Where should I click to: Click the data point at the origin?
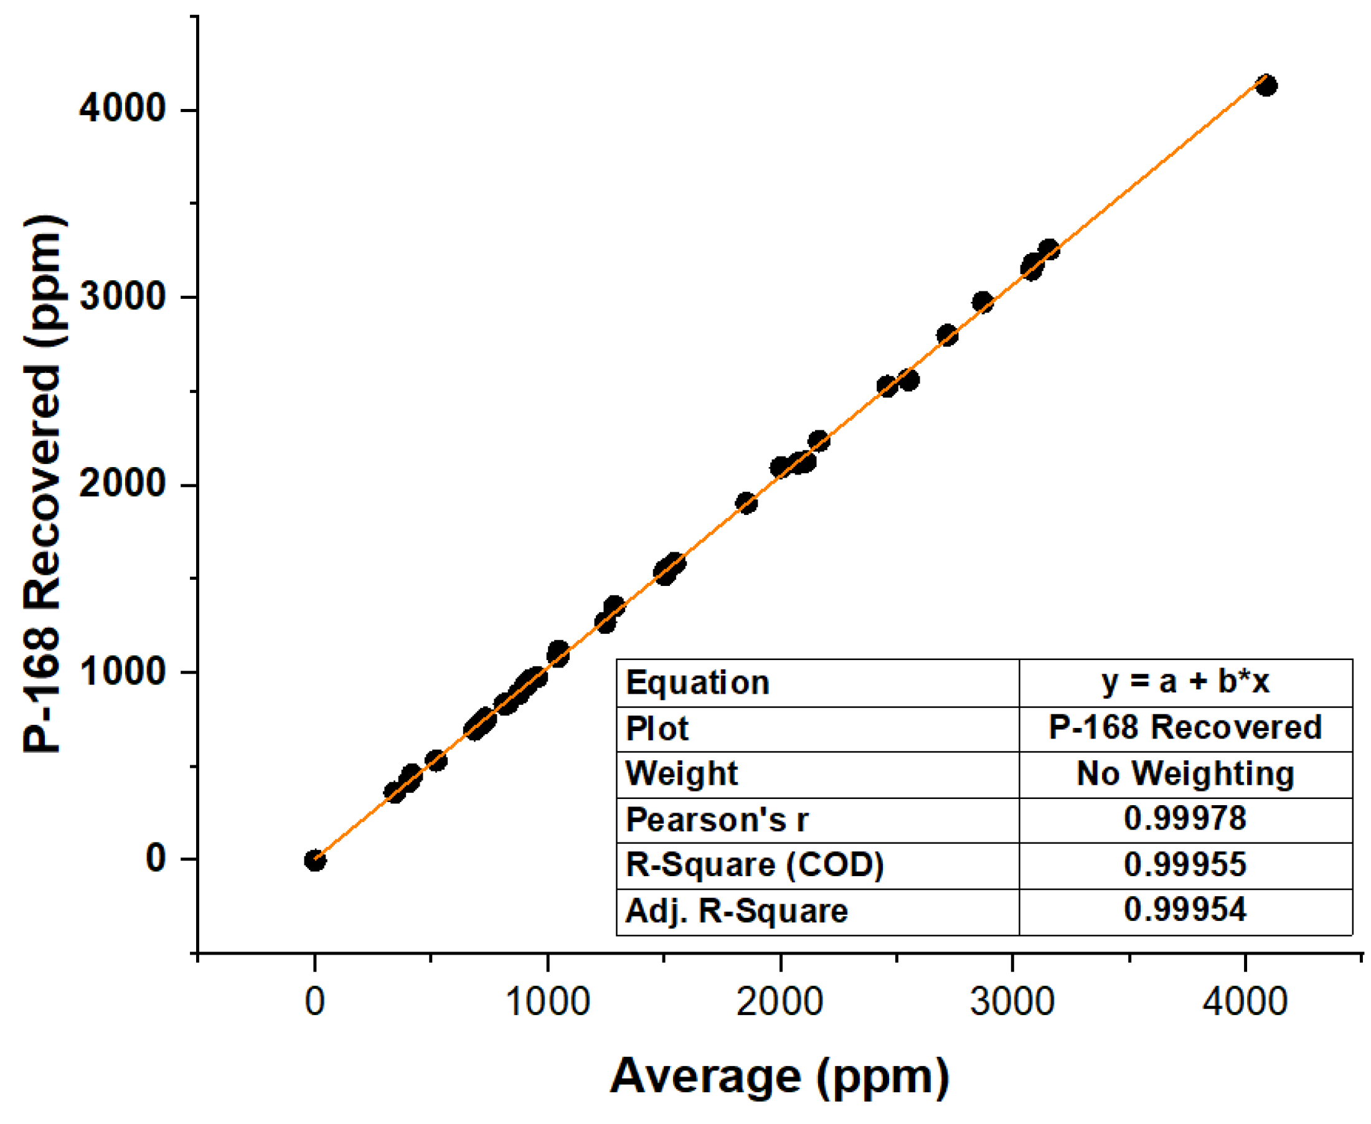tap(314, 861)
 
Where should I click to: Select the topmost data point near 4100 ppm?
tap(1266, 85)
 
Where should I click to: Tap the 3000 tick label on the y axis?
tap(122, 296)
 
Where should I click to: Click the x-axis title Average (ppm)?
tap(780, 1077)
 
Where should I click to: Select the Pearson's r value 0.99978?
tap(1185, 818)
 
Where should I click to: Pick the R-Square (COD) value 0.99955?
tap(1185, 864)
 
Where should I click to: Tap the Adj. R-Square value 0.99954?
tap(1185, 910)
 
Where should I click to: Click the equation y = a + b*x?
tap(1185, 682)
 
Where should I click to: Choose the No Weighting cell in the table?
tap(1185, 773)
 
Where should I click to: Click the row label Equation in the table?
tap(697, 683)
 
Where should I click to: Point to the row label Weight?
tap(681, 773)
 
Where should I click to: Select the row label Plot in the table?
tap(656, 729)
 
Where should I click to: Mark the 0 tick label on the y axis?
tap(156, 859)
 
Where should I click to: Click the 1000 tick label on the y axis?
tap(122, 671)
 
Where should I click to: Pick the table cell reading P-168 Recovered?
tap(1185, 727)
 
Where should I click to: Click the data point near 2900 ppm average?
tap(982, 303)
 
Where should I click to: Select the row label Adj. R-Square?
tap(736, 911)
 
